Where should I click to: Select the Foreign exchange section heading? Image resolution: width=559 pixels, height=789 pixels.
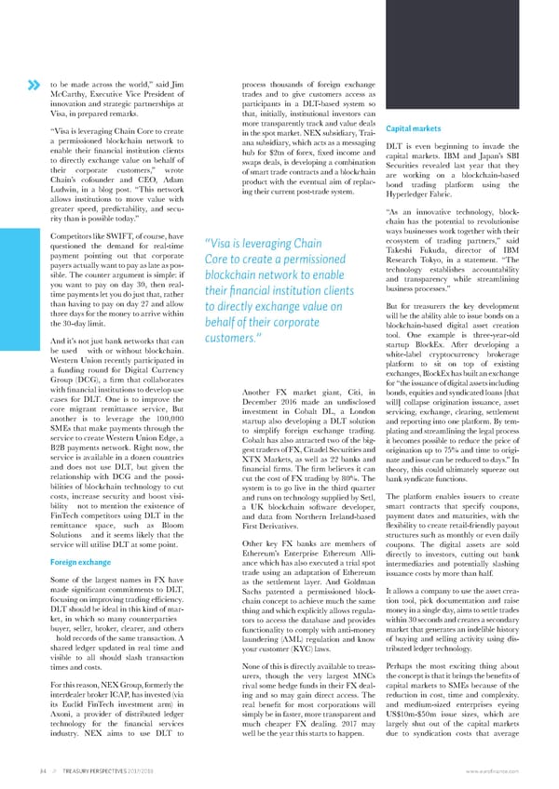coord(77,562)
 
